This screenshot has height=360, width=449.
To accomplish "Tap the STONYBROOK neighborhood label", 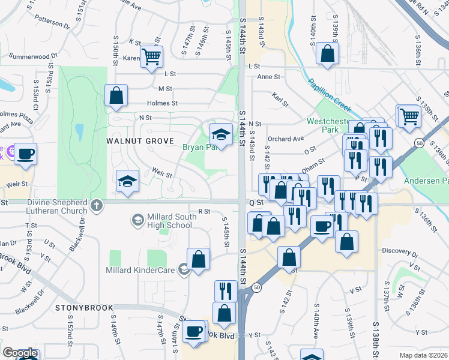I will [x=85, y=308].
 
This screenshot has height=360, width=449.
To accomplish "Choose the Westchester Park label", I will [x=328, y=125].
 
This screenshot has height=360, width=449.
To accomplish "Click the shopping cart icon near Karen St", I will [x=152, y=57].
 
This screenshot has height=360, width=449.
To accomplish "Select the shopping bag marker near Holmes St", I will [x=116, y=95].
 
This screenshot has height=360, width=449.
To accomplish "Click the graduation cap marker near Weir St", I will [x=127, y=182].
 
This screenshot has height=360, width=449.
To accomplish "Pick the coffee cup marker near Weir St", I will [x=25, y=154].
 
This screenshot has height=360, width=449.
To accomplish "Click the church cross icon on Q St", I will [x=96, y=206].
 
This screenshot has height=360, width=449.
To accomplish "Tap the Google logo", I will [x=20, y=353].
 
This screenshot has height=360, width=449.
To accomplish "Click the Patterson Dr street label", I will [x=52, y=22].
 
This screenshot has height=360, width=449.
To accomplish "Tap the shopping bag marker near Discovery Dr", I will [x=346, y=242].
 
